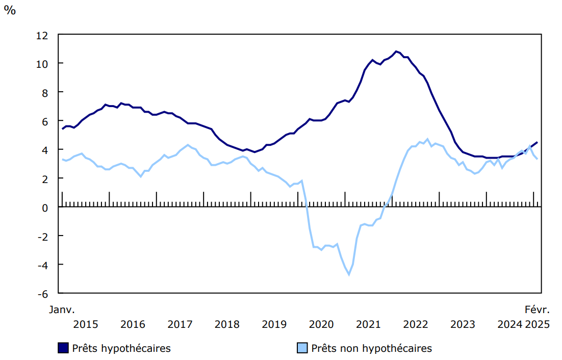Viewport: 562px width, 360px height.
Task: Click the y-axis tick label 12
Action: click(x=42, y=35)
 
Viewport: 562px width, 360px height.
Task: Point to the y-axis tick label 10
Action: click(x=42, y=64)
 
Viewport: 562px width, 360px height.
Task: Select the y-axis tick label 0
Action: click(x=45, y=208)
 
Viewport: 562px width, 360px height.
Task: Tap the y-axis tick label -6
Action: click(x=43, y=294)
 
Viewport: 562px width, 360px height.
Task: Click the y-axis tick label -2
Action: click(x=43, y=236)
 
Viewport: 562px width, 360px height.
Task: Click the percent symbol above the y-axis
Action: click(x=10, y=11)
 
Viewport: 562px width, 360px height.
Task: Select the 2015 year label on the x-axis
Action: click(x=85, y=324)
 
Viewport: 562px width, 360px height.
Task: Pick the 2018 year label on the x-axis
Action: click(x=227, y=324)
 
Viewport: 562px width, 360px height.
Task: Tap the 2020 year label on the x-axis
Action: click(x=321, y=324)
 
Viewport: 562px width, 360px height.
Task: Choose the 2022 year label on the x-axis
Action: click(x=416, y=324)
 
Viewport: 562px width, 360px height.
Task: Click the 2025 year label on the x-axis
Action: click(x=538, y=324)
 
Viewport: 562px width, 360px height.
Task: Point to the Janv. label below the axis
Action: click(x=62, y=310)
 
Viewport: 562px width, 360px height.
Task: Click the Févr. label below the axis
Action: click(x=538, y=310)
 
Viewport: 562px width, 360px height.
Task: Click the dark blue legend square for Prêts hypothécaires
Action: click(x=63, y=348)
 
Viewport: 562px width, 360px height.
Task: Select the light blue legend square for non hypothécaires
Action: click(x=302, y=348)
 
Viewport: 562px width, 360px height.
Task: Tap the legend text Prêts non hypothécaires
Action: click(x=371, y=349)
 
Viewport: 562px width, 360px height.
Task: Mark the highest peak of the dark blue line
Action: click(x=396, y=51)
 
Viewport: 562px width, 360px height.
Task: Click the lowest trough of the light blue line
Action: click(x=349, y=275)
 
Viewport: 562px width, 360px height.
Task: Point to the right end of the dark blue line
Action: click(x=537, y=142)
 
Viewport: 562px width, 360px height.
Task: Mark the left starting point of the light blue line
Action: click(x=62, y=159)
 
